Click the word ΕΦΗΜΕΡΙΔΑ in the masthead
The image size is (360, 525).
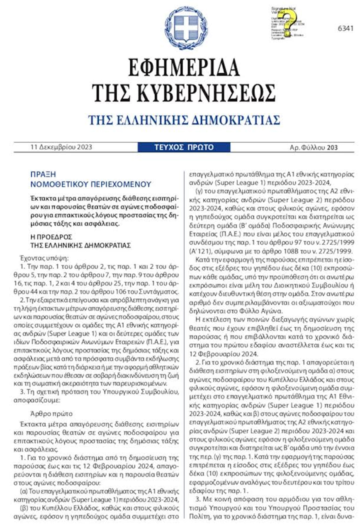[x=180, y=68]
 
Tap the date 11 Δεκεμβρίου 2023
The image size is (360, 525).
[x=61, y=147]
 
